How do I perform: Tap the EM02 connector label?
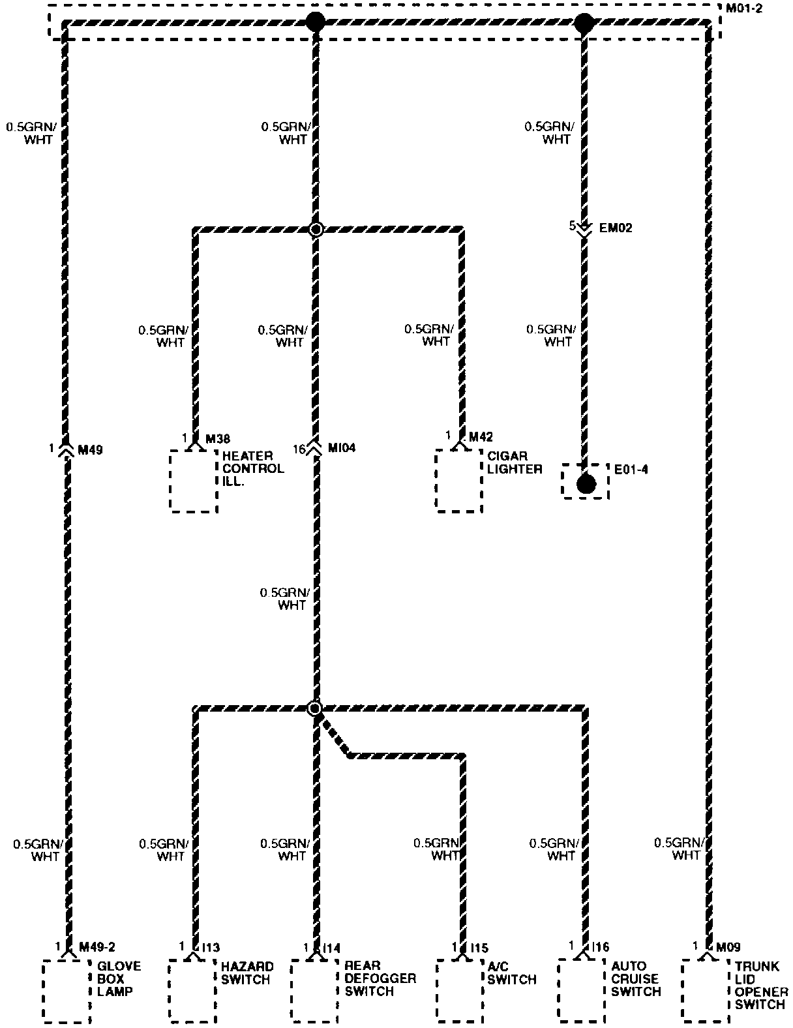pos(615,228)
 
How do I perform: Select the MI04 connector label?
pos(342,449)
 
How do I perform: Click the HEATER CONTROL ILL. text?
pos(253,468)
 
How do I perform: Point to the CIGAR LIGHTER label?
pos(515,462)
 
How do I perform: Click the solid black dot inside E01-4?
pos(586,483)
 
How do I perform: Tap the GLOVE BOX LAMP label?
pos(119,978)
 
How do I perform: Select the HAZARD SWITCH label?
pos(247,973)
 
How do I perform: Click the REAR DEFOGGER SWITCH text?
pos(380,978)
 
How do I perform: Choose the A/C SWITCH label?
pos(512,973)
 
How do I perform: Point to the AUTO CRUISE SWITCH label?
pos(636,978)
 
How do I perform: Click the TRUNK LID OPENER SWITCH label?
pos(761,985)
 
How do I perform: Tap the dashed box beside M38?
pos(193,481)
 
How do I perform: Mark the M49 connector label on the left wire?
pos(90,449)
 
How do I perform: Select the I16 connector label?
pos(600,947)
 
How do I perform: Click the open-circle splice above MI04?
pos(316,229)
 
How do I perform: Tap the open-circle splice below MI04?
pos(315,708)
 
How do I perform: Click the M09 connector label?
pos(728,947)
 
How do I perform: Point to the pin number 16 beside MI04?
pos(299,449)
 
